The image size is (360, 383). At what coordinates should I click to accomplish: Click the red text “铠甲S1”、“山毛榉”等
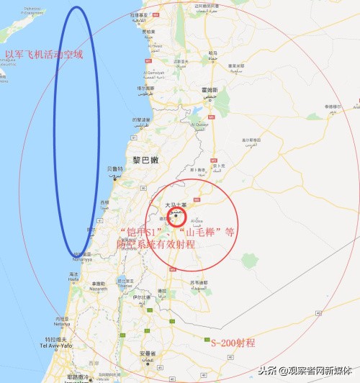point(177,232)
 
